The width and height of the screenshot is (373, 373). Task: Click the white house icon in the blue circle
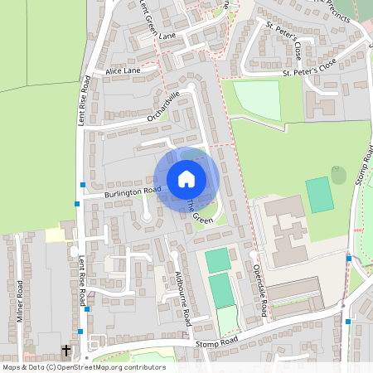pyautogui.click(x=186, y=178)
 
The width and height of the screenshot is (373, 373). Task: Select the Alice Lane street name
pyautogui.click(x=124, y=72)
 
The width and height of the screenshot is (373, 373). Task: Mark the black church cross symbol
pyautogui.click(x=66, y=351)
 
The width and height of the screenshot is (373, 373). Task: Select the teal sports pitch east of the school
pyautogui.click(x=318, y=195)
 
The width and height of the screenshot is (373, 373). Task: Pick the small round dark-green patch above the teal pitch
pyautogui.click(x=338, y=175)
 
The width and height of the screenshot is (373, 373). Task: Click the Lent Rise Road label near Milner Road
pyautogui.click(x=82, y=282)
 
